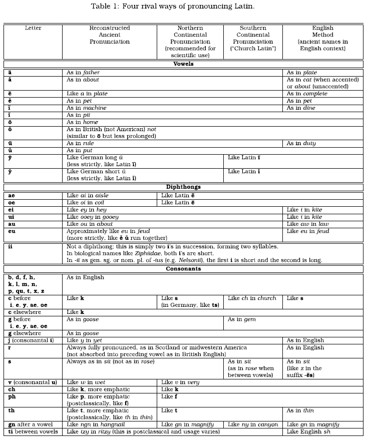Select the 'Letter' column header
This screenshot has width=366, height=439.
[x=33, y=28]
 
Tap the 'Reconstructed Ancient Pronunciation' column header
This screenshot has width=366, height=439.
[x=110, y=35]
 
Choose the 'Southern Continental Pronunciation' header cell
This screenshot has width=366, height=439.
[x=253, y=38]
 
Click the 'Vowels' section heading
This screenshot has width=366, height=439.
[x=183, y=65]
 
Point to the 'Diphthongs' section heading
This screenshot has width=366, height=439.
[x=183, y=187]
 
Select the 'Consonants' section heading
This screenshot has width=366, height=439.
[x=183, y=269]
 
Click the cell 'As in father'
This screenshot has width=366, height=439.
[x=83, y=73]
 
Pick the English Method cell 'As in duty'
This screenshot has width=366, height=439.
[x=301, y=143]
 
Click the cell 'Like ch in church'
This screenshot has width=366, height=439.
[x=252, y=298]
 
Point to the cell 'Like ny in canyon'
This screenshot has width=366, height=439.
[x=253, y=424]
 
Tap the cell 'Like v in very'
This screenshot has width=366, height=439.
[x=180, y=382]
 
